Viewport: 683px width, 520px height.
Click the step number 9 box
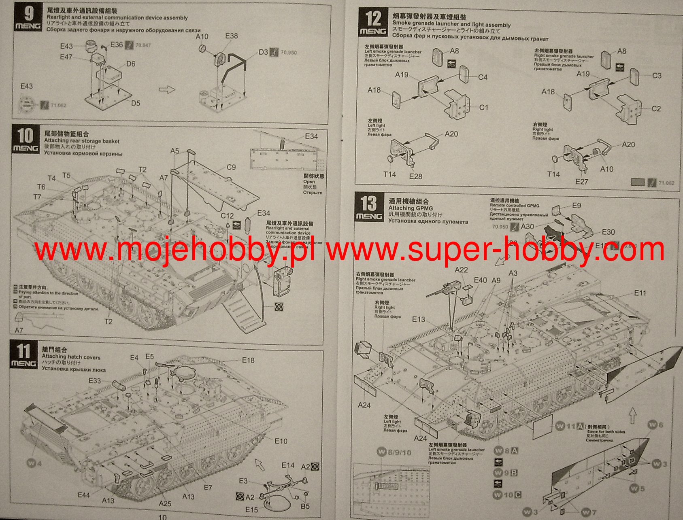coord(28,19)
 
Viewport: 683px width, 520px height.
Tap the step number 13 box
coord(369,206)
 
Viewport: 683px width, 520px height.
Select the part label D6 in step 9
coord(130,64)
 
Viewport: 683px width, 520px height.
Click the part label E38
coord(231,36)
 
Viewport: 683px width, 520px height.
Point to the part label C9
coord(231,167)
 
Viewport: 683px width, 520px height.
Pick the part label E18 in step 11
coord(248,360)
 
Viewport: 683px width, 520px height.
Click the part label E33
coord(95,381)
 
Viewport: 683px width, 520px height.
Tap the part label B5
coord(305,506)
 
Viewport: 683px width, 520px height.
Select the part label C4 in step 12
coord(483,77)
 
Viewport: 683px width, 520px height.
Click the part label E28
coord(415,176)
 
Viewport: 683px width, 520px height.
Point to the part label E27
coord(582,182)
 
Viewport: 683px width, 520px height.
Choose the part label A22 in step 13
coord(461,270)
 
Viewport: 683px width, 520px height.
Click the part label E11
coord(640,293)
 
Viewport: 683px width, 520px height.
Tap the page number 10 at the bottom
coord(162,517)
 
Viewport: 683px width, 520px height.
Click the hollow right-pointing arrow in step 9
coord(166,89)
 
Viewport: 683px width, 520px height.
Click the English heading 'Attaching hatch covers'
coord(71,357)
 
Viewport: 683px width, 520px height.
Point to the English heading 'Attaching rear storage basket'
coord(82,141)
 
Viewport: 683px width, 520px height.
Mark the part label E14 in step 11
coord(288,465)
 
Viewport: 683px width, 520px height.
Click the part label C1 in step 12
coord(483,108)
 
